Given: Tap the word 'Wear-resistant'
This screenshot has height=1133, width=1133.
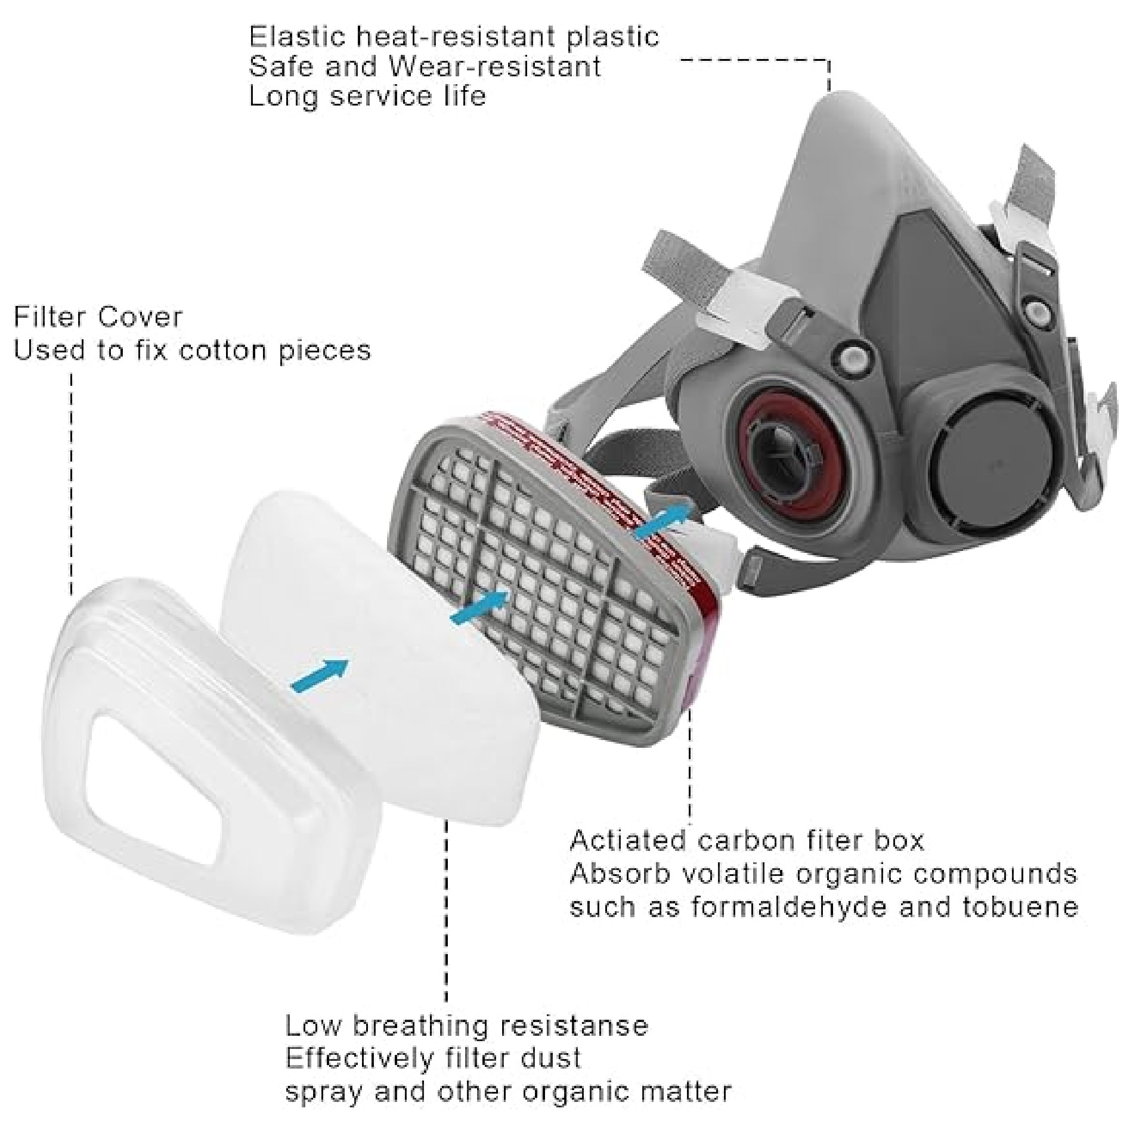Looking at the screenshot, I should pyautogui.click(x=495, y=66).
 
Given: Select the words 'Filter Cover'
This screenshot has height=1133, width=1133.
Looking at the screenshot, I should pyautogui.click(x=98, y=317).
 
